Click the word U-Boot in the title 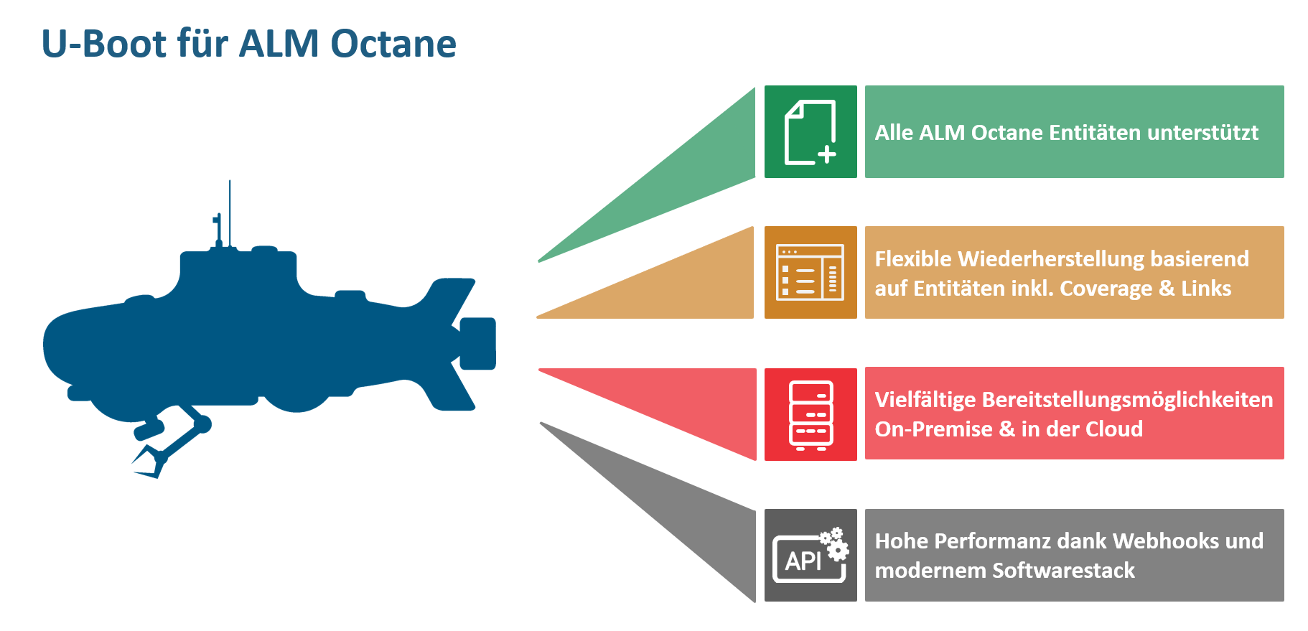coord(104,44)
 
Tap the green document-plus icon coord(811,132)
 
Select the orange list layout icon coord(811,273)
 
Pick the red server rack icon coord(811,414)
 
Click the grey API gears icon coord(811,556)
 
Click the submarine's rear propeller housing coord(477,343)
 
